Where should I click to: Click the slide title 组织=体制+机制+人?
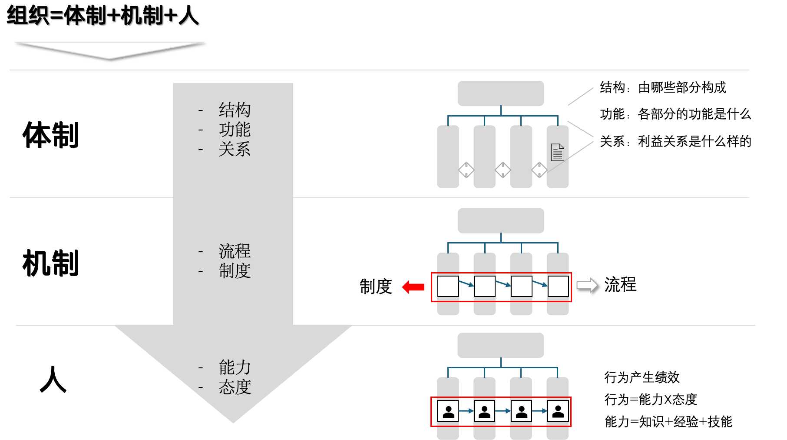(x=103, y=16)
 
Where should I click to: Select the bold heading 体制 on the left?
(x=51, y=135)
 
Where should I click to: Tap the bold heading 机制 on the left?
(x=51, y=263)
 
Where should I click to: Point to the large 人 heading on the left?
(x=53, y=379)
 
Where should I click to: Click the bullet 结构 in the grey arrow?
(x=235, y=110)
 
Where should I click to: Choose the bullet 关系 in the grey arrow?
(x=235, y=149)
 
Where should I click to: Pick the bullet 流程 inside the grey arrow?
(x=235, y=251)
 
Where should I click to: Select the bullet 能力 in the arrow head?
(x=235, y=367)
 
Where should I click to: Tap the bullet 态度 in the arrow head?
(x=235, y=387)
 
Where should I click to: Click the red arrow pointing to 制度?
(x=413, y=287)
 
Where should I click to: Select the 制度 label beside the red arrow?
(x=376, y=287)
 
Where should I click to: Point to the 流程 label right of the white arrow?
(x=620, y=285)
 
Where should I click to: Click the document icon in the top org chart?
(x=558, y=152)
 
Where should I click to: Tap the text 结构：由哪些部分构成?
(x=663, y=88)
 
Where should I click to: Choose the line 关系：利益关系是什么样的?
(x=675, y=141)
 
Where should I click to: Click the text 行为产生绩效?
(x=642, y=377)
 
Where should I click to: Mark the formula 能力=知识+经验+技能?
(x=668, y=421)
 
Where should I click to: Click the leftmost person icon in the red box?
(x=448, y=411)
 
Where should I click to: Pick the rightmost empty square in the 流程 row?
(x=559, y=286)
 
